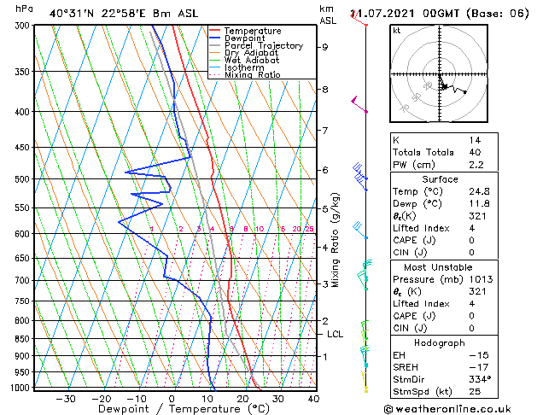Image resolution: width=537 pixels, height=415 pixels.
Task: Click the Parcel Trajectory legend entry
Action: coord(263,46)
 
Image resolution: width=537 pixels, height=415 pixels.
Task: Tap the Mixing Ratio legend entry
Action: coord(257,75)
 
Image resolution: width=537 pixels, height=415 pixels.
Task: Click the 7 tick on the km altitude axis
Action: coord(324,131)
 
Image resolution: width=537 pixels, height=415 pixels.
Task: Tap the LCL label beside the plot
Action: coord(335,335)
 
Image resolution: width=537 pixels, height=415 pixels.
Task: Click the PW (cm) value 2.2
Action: coord(476,165)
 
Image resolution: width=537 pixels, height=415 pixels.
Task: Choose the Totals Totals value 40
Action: coord(475,152)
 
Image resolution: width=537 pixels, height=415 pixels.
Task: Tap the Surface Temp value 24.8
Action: coord(479,191)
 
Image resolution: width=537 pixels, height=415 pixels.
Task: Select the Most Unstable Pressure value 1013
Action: coord(478,279)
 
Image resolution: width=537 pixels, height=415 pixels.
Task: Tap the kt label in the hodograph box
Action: coord(396,31)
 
